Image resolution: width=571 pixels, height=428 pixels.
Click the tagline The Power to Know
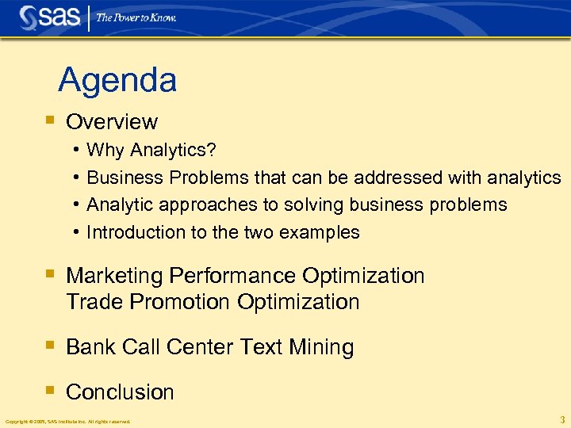(x=136, y=17)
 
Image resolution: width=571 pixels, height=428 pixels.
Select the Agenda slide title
(x=117, y=80)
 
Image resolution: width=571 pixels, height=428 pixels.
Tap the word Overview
(x=112, y=122)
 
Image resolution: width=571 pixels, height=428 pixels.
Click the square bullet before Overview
(x=49, y=121)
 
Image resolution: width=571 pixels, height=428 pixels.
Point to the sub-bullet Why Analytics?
(x=151, y=151)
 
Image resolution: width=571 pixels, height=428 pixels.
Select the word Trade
(x=95, y=302)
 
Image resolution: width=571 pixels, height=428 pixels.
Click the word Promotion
(x=180, y=302)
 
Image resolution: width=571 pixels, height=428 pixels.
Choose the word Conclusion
(x=120, y=392)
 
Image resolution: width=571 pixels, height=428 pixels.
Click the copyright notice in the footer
(x=67, y=421)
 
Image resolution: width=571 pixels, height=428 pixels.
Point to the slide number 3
(x=561, y=419)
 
